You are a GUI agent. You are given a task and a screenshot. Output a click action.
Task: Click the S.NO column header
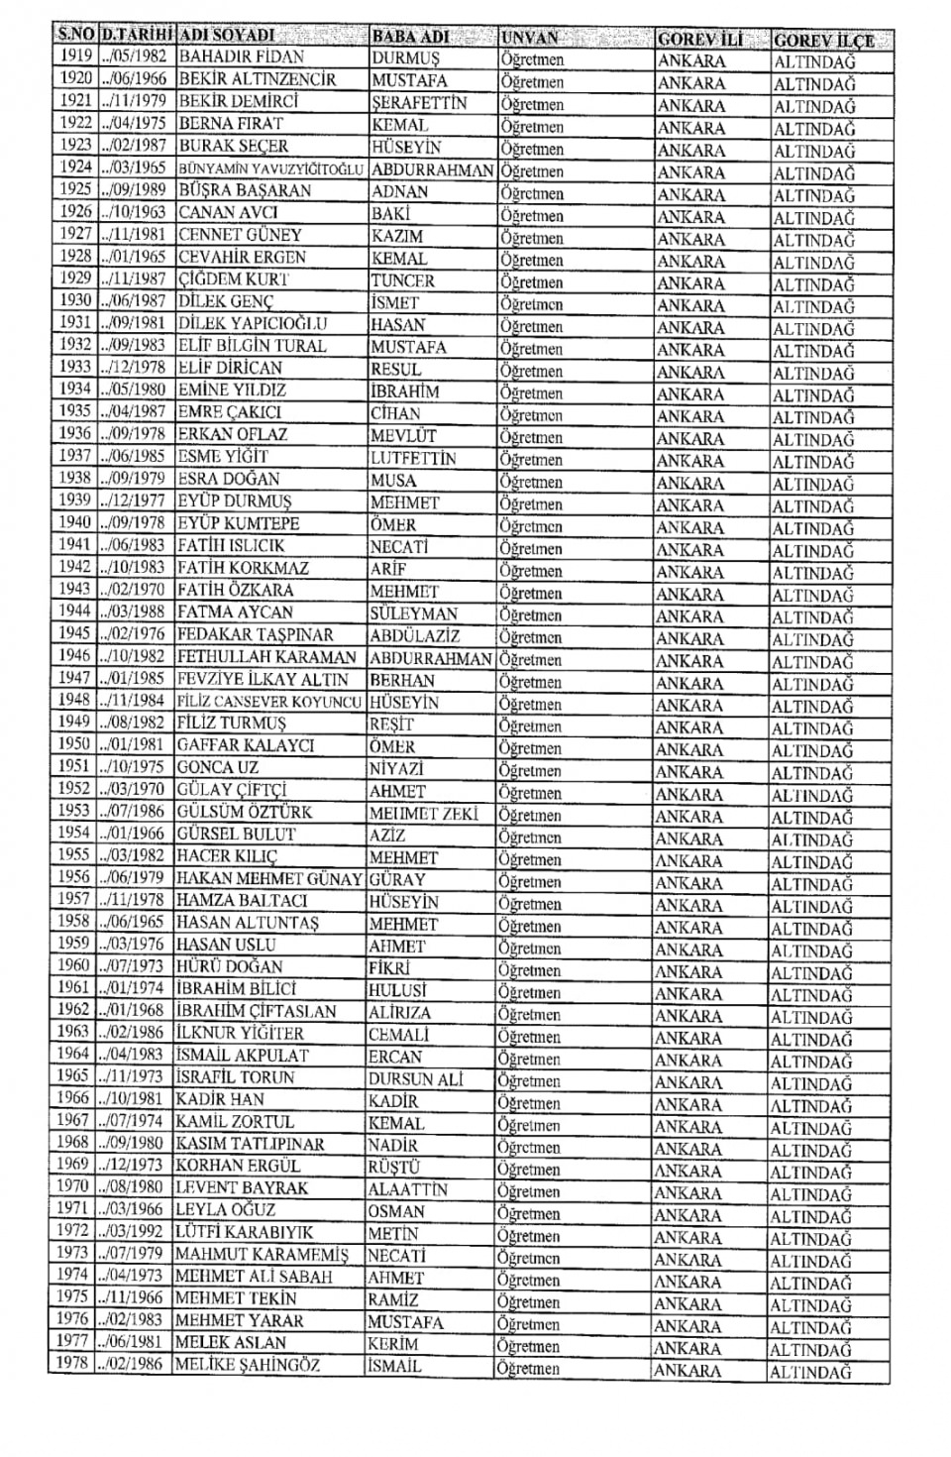coord(75,37)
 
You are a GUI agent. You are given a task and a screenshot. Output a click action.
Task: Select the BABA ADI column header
coord(410,37)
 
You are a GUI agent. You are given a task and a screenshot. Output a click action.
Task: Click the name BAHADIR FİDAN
coord(241,56)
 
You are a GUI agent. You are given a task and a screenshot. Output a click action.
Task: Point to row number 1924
coord(75,168)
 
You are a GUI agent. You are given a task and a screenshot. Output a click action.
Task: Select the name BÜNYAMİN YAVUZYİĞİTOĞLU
coord(270,168)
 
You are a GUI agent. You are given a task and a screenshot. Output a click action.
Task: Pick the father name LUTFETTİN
coord(413,458)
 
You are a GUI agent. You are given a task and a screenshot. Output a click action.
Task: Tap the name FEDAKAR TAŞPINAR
coord(255,634)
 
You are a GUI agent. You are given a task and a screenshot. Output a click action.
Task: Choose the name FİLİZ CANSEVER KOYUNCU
coord(269,702)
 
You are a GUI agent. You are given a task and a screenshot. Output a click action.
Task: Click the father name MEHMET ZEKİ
coord(423,814)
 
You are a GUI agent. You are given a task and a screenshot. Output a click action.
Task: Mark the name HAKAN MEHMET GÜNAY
coord(268,879)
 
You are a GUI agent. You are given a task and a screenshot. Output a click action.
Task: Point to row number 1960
coord(73,965)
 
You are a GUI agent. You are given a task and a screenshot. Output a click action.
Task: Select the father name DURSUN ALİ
coord(415,1079)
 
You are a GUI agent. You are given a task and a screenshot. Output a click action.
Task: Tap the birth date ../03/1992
coord(135,1232)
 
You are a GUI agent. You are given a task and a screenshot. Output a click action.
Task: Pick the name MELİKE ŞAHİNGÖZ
coord(247,1365)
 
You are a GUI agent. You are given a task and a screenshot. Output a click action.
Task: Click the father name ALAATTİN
coord(407,1189)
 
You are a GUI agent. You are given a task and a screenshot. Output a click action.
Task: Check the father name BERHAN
coord(402,681)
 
